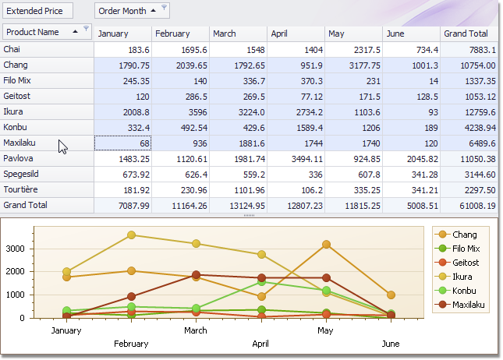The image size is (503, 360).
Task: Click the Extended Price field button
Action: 37,11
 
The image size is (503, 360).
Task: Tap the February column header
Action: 181,34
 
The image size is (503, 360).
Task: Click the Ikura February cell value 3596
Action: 181,111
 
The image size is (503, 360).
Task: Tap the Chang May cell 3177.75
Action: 355,65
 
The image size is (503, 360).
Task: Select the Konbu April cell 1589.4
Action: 296,127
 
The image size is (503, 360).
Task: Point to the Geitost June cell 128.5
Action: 412,96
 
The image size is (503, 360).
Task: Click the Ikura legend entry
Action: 465,277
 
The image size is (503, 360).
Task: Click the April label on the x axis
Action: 262,344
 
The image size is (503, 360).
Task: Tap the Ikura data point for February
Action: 131,235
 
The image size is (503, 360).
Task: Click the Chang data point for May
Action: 327,245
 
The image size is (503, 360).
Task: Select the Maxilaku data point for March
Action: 197,275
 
